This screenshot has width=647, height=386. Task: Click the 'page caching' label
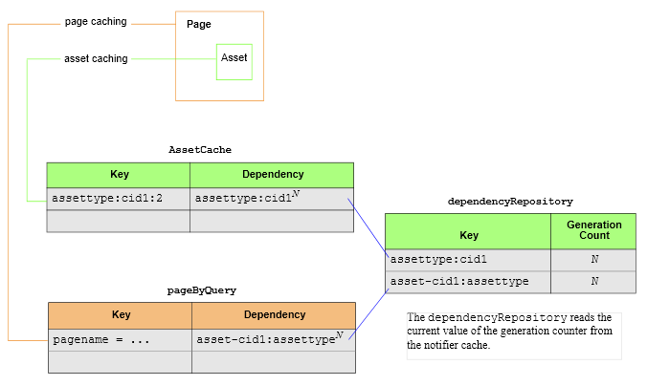(96, 21)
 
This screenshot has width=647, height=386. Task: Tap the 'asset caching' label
(96, 58)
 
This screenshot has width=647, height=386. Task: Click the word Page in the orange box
(199, 24)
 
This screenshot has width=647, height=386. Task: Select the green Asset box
(234, 62)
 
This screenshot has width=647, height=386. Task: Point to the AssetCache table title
(200, 150)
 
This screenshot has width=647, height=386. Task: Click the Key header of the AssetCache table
(119, 175)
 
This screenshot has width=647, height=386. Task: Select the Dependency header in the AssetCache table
(272, 175)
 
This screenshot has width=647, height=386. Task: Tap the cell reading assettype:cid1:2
(119, 199)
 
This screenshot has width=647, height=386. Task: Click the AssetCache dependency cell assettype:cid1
(272, 199)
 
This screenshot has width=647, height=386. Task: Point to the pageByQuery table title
(202, 290)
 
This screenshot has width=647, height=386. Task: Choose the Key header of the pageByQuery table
(121, 315)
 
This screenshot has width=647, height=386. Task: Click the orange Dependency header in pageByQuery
(274, 315)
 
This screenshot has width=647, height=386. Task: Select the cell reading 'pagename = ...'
(121, 340)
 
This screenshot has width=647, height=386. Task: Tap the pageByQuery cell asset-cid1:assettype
(274, 340)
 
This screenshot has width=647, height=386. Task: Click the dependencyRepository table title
(510, 202)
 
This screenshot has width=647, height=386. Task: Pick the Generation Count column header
(593, 230)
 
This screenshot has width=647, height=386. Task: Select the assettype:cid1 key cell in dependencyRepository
(468, 260)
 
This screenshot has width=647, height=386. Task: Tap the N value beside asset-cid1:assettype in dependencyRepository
(593, 281)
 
